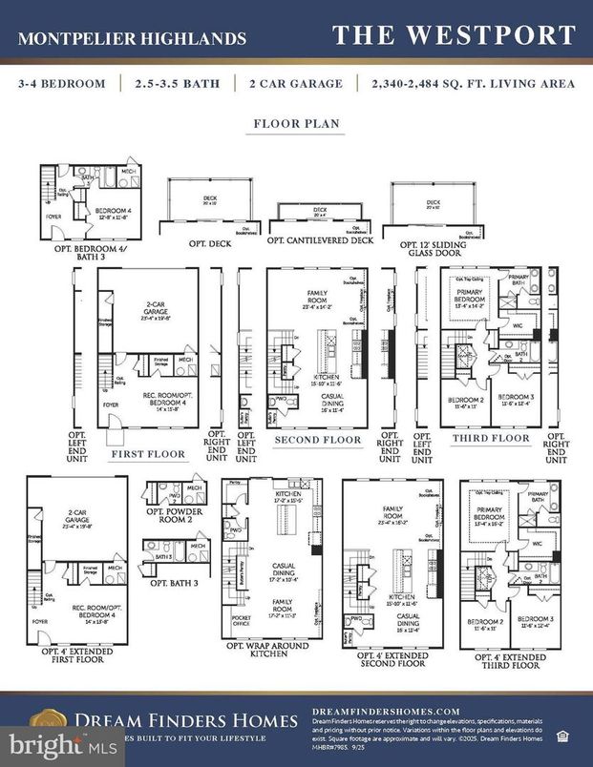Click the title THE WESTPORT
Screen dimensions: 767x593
tap(454, 36)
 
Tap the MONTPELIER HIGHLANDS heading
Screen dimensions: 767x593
tap(132, 39)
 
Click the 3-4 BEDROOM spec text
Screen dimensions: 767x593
tap(61, 84)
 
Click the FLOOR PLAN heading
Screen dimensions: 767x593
tap(296, 124)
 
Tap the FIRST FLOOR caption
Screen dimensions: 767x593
tap(148, 455)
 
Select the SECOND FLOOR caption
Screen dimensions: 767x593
tap(318, 440)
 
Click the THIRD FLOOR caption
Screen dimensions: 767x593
tap(490, 438)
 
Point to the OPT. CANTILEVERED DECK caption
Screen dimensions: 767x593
tap(320, 240)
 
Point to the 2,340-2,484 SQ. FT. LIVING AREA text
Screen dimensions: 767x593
tap(474, 84)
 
